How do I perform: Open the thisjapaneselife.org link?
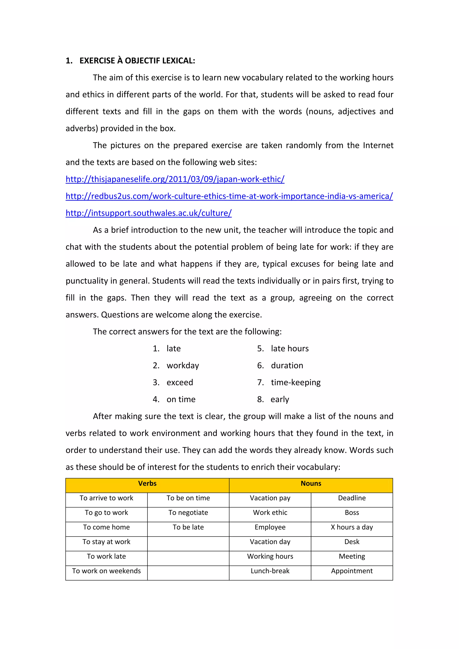pyautogui.click(x=175, y=179)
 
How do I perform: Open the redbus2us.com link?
pyautogui.click(x=229, y=196)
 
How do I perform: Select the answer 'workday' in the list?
pyautogui.click(x=183, y=365)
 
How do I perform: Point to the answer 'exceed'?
pyautogui.click(x=180, y=383)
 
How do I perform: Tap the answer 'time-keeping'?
pyautogui.click(x=296, y=383)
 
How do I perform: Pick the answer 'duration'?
pyautogui.click(x=287, y=365)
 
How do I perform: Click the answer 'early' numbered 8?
pyautogui.click(x=280, y=399)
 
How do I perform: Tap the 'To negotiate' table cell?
pyautogui.click(x=188, y=513)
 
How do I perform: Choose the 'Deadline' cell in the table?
pyautogui.click(x=352, y=498)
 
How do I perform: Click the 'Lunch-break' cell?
pyautogui.click(x=270, y=571)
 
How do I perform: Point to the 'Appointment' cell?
pyautogui.click(x=352, y=571)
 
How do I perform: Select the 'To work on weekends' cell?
pyautogui.click(x=106, y=571)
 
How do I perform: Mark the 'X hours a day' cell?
pyautogui.click(x=352, y=527)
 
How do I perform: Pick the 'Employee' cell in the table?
pyautogui.click(x=270, y=527)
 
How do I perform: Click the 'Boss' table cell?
pyautogui.click(x=352, y=513)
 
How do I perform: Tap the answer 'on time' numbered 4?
pyautogui.click(x=181, y=399)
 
